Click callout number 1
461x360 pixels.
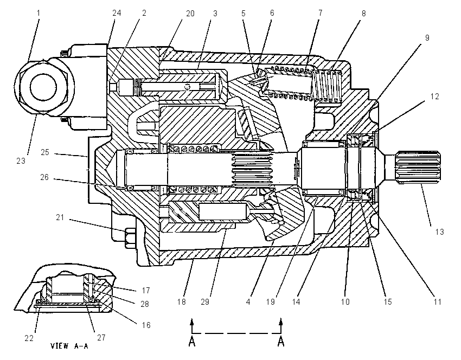point(39,13)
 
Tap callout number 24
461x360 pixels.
point(117,13)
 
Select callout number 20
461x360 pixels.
point(190,14)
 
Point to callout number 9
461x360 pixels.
point(427,38)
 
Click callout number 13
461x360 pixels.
point(439,232)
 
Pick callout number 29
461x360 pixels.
point(205,302)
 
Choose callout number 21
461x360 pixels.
point(60,217)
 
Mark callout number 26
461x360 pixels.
point(44,177)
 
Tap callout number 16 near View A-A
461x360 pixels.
point(146,325)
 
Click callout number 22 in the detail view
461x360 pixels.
point(29,338)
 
